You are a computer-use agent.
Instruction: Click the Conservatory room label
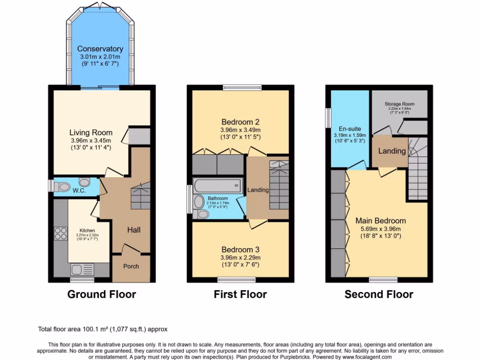pos(100,49)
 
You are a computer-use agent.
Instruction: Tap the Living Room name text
pos(90,132)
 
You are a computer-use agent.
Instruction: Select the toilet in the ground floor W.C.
pos(61,187)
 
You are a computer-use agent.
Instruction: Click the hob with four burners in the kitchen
pos(60,233)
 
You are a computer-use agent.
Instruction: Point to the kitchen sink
pos(82,269)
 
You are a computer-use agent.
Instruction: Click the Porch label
pos(131,266)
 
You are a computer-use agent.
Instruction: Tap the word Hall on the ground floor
pos(134,230)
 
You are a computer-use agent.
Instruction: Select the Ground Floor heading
pos(102,294)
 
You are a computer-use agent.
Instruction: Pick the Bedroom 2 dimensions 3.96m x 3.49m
pos(240,130)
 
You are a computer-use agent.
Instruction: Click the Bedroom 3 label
pos(240,249)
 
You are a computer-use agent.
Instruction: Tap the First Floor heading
pos(240,294)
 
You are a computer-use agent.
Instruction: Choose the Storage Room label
pos(399,104)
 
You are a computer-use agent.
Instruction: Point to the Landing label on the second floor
pos(392,151)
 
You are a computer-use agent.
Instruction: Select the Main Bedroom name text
pos(381,221)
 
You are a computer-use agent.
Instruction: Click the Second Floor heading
pos(379,294)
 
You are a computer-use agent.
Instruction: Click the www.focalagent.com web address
pos(364,357)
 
